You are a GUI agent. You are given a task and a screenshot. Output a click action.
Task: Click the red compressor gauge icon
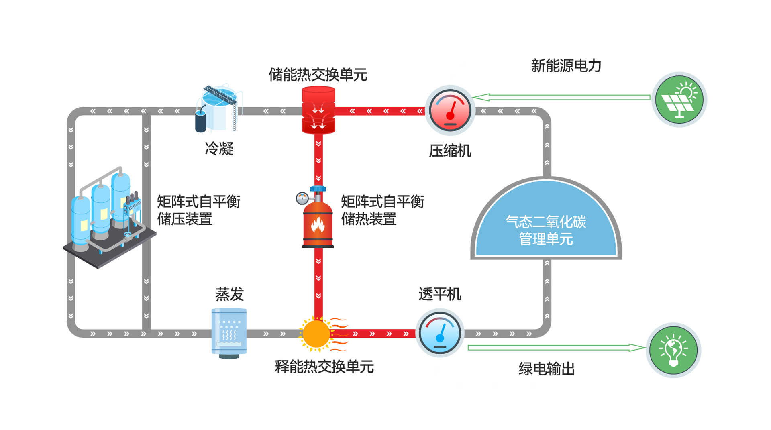coord(450,110)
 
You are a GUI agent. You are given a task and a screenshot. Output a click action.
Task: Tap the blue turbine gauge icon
coord(440,333)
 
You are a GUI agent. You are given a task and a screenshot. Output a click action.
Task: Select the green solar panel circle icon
coord(679,99)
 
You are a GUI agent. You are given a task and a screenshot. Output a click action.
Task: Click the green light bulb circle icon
coord(673,350)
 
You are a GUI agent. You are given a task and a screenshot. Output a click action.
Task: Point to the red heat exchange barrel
coord(318,110)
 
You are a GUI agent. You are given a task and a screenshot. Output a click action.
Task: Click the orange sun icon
coord(316,333)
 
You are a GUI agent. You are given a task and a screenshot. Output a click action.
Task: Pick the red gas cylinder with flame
coord(318,225)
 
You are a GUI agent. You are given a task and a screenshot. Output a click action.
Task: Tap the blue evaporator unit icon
coord(229,332)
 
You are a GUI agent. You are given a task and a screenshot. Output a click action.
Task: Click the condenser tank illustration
coord(219,108)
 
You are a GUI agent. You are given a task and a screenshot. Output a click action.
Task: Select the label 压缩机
coord(450,151)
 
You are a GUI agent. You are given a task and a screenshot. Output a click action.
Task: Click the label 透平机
coord(440,294)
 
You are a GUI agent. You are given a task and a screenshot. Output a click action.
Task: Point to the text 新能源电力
coord(566,66)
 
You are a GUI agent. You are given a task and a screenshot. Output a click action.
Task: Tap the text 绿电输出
coord(547,369)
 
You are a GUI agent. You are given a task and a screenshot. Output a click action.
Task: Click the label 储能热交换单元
coord(318,75)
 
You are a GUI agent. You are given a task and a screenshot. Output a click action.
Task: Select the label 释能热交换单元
coord(324,367)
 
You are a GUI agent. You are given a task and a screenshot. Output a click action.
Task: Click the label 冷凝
coord(219,149)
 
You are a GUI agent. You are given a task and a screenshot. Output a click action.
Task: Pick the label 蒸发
coord(229,294)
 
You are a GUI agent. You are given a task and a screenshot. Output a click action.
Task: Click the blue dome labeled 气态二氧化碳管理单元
coord(546,225)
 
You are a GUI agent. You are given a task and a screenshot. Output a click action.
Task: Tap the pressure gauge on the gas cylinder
coord(302,198)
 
